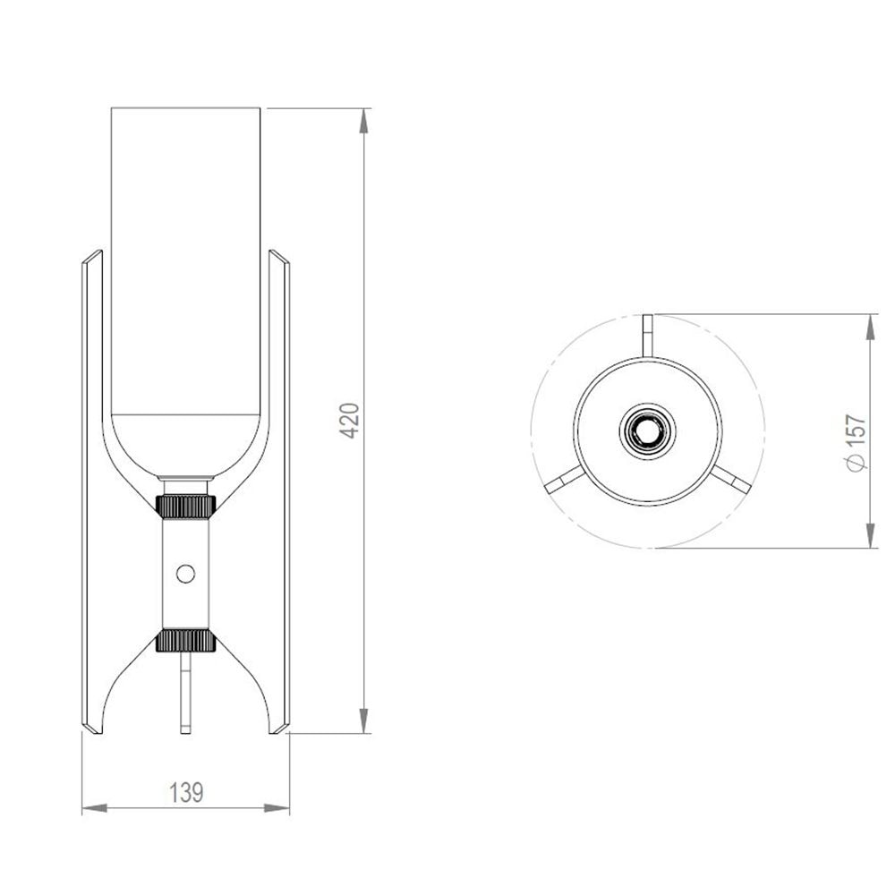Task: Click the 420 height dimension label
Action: point(351,420)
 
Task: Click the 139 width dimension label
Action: point(186,791)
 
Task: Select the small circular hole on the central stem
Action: point(185,573)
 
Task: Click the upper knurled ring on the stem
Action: point(185,506)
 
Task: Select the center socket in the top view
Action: point(647,431)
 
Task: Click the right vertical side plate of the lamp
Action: point(280,492)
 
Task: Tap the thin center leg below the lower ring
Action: point(185,694)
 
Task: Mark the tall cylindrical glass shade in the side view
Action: point(185,268)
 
